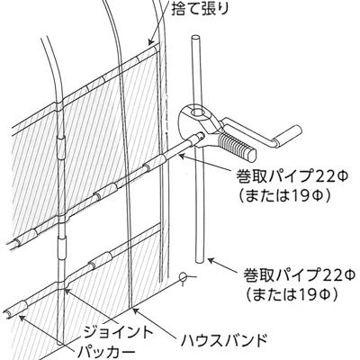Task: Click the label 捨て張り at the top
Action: [200, 9]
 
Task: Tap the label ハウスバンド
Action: [224, 340]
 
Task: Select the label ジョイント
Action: [118, 332]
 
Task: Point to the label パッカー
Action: [104, 351]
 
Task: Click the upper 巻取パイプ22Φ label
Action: [292, 177]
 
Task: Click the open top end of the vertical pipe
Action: [195, 38]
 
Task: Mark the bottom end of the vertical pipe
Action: [199, 260]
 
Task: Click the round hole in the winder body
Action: [197, 113]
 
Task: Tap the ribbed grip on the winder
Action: [237, 146]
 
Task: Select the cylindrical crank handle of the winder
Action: [287, 136]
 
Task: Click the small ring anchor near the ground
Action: [183, 276]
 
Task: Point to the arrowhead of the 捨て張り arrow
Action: [151, 42]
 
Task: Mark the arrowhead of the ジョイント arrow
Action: [67, 291]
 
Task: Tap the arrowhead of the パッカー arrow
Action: [22, 318]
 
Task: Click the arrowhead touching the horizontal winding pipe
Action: [182, 156]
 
